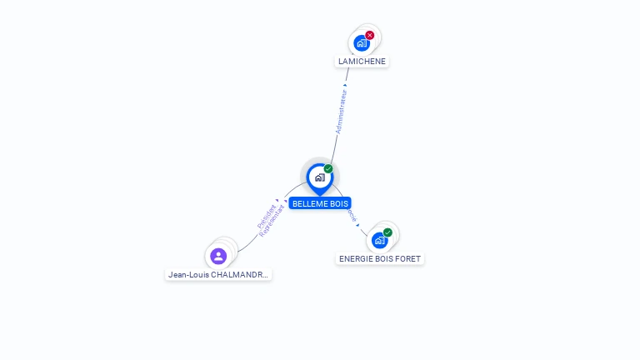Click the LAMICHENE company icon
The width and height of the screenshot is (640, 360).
(362, 42)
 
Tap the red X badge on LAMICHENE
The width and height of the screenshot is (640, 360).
(370, 35)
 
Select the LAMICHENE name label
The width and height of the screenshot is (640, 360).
(362, 62)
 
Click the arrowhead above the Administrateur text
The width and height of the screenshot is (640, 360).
(346, 85)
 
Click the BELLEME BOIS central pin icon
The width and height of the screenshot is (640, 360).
(319, 177)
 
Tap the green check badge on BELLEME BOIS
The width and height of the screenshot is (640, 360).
(328, 169)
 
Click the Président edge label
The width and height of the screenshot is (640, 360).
(267, 216)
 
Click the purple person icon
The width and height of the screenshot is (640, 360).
(218, 256)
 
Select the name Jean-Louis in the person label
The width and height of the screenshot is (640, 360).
(187, 274)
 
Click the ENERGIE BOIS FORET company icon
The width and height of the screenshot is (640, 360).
(380, 240)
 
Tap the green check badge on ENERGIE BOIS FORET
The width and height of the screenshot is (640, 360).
(388, 232)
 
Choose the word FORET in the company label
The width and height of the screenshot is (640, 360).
(408, 259)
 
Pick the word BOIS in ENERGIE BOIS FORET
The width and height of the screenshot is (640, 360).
(383, 259)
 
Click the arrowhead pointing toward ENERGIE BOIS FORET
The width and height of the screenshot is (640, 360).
(357, 224)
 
